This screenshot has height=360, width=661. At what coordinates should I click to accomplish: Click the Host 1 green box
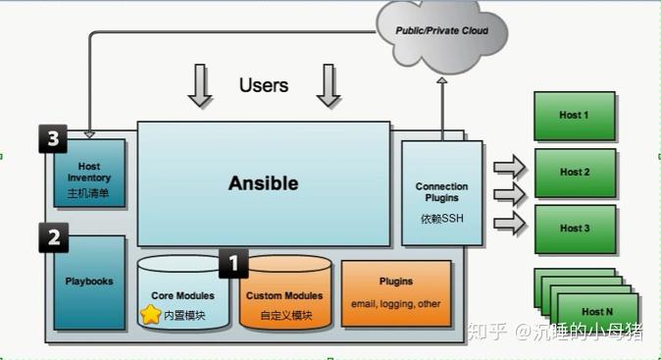[x=574, y=116]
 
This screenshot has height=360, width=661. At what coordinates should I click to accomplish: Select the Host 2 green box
[x=574, y=173]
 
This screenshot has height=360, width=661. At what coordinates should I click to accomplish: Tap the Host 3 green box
[x=574, y=229]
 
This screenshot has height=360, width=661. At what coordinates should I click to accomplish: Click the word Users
[x=264, y=85]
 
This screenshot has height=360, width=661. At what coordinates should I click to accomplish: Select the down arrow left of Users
[x=200, y=86]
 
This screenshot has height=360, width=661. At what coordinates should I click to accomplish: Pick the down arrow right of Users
[x=329, y=86]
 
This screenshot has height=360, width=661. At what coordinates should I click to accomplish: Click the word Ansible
[x=263, y=183]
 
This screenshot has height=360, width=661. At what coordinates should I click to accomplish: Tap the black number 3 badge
[x=53, y=139]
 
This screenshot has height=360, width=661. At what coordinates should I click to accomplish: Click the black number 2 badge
[x=53, y=236]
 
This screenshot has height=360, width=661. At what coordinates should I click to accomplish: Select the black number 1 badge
[x=232, y=263]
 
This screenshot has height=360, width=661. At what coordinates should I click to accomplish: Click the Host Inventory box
[x=89, y=174]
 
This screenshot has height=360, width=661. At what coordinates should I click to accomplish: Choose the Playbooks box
[x=89, y=283]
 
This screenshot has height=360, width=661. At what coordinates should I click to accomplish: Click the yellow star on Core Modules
[x=150, y=315]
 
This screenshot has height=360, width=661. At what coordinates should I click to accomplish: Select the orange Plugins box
[x=396, y=292]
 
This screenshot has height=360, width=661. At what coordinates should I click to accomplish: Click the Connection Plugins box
[x=441, y=193]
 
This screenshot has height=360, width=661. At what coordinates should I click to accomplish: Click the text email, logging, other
[x=396, y=304]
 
